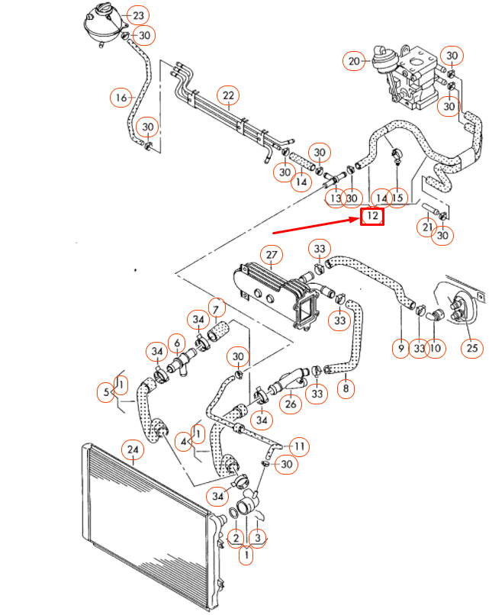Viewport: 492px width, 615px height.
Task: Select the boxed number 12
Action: [x=371, y=216]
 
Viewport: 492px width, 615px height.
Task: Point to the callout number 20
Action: [x=354, y=60]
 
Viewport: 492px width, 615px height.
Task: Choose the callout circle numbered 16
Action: [x=120, y=98]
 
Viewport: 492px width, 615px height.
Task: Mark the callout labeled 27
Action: [x=270, y=254]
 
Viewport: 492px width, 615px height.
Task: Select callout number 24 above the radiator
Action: [x=133, y=451]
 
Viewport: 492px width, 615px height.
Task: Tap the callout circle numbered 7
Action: [x=216, y=309]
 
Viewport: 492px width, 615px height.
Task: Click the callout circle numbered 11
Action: [x=300, y=446]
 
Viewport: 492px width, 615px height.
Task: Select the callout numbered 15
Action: [x=397, y=198]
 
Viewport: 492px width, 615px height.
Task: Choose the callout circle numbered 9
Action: [x=400, y=349]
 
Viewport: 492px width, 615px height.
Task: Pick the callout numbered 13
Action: [x=334, y=198]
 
